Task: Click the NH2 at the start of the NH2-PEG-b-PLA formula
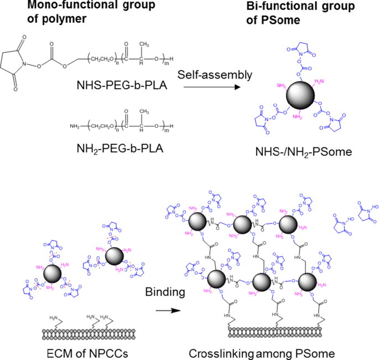(x=75, y=127)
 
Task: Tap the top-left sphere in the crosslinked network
(x=198, y=222)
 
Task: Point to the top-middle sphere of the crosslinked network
(x=243, y=225)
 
